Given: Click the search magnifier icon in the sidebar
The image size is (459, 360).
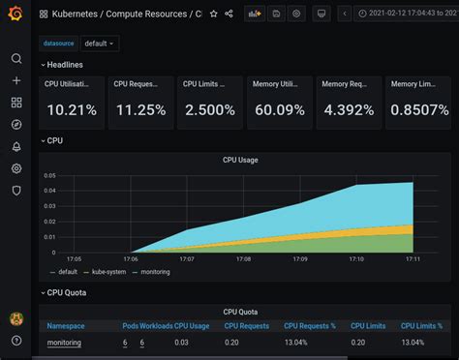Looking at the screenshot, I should click(x=15, y=58).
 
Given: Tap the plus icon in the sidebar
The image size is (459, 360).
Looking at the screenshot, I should click(x=15, y=80).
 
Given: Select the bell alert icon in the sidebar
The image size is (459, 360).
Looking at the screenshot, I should click(x=15, y=146).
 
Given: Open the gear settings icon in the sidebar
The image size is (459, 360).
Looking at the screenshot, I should click(x=15, y=168).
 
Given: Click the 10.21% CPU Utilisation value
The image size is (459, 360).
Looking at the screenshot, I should click(x=71, y=110).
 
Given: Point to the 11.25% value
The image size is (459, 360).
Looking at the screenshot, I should click(x=140, y=110).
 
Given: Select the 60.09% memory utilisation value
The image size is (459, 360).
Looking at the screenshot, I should click(x=279, y=110).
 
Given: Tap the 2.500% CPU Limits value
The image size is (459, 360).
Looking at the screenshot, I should click(x=209, y=110).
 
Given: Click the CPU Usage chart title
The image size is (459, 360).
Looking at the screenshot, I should click(x=241, y=160).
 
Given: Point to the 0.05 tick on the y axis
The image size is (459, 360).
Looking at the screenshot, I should click(x=50, y=176).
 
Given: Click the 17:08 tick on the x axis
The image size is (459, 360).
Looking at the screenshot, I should click(x=243, y=259).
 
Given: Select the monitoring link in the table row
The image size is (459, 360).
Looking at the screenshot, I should click(x=64, y=343).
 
